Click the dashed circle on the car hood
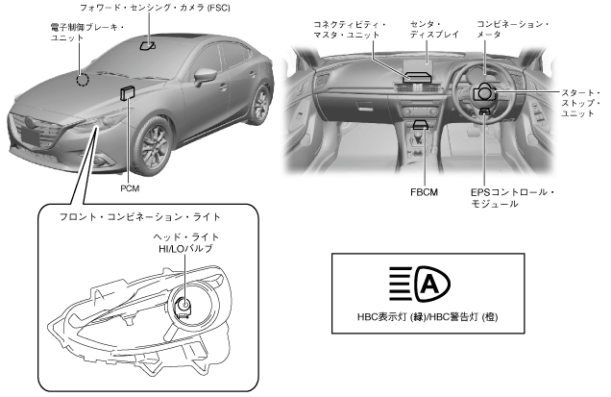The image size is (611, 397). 84,78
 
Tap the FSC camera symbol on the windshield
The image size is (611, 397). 147,45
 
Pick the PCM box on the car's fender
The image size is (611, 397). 127,91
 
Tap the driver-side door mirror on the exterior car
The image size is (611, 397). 205,74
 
